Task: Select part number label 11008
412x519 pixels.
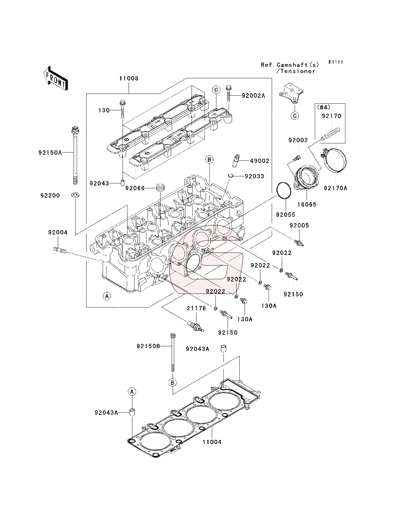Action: pyautogui.click(x=129, y=79)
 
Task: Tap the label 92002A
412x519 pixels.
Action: pyautogui.click(x=253, y=96)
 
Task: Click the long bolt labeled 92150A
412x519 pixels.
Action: pyautogui.click(x=75, y=156)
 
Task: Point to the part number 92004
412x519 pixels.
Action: pyautogui.click(x=57, y=232)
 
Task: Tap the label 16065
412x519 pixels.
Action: pyautogui.click(x=307, y=204)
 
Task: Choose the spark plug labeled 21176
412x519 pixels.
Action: pyautogui.click(x=196, y=326)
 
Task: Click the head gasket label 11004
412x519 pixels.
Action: pyautogui.click(x=212, y=442)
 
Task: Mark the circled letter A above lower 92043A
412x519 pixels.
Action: pyautogui.click(x=132, y=392)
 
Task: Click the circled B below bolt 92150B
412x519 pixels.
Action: pyautogui.click(x=172, y=382)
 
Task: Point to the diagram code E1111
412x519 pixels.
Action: pyautogui.click(x=336, y=62)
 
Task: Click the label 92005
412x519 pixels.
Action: pyautogui.click(x=299, y=225)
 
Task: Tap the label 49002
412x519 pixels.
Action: pyautogui.click(x=259, y=161)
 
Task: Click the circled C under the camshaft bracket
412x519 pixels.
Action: pyautogui.click(x=295, y=116)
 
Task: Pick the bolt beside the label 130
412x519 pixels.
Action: pyautogui.click(x=122, y=109)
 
